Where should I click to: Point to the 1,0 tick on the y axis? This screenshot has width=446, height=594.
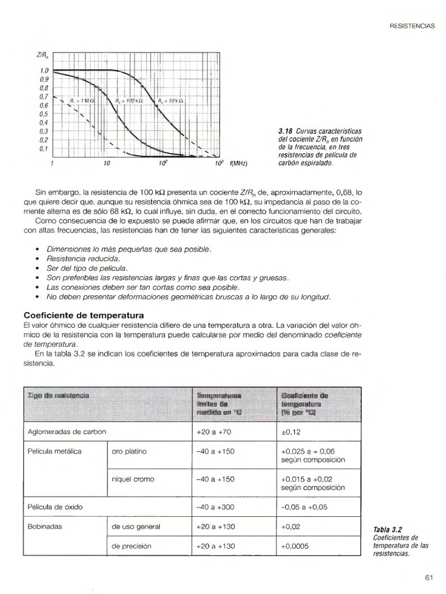pyautogui.click(x=44, y=71)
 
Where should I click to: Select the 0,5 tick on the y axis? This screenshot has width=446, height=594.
pyautogui.click(x=44, y=114)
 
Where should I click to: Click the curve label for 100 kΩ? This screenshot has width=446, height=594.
pyautogui.click(x=125, y=100)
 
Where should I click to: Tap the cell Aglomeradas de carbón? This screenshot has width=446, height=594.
pyautogui.click(x=67, y=432)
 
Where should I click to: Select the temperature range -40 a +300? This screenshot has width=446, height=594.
pyautogui.click(x=215, y=507)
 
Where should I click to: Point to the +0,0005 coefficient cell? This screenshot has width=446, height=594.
pyautogui.click(x=295, y=546)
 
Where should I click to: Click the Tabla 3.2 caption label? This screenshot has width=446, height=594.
pyautogui.click(x=389, y=529)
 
